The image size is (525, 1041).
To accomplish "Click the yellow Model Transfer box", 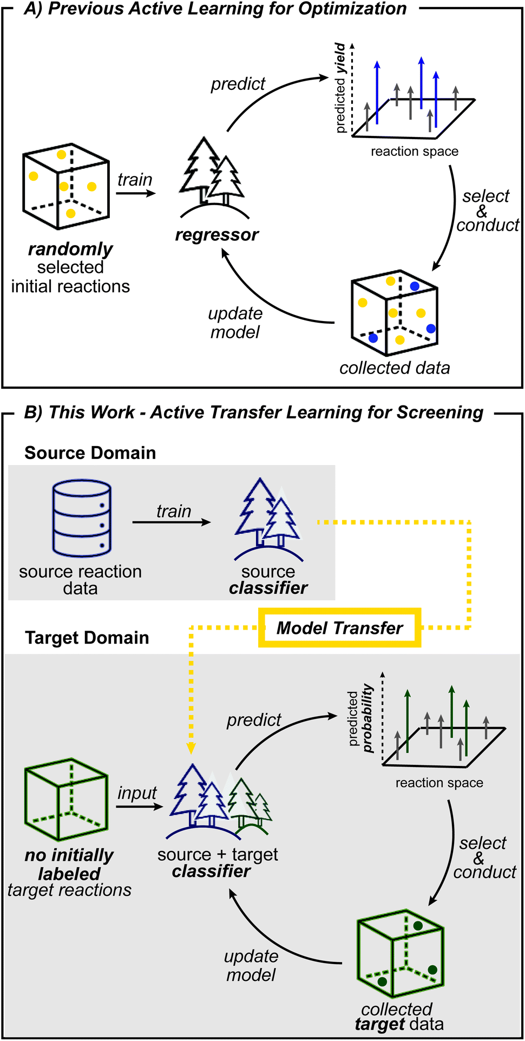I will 339,627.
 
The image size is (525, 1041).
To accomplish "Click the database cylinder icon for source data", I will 82,518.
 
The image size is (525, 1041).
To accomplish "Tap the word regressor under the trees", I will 216,235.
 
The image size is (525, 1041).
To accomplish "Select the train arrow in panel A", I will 135,193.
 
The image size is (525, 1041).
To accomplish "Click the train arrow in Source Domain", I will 172,522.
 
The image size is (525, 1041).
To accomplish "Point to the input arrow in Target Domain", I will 139,807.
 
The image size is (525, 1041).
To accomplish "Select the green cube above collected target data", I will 400,954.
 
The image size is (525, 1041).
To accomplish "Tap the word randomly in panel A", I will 70,249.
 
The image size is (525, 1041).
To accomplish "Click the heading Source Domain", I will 90,453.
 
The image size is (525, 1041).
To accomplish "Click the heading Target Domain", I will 87,637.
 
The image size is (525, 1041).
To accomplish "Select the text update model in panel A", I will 235,323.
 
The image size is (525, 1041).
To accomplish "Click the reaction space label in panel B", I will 439,782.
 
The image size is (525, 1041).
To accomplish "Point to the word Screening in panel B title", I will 439,413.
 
